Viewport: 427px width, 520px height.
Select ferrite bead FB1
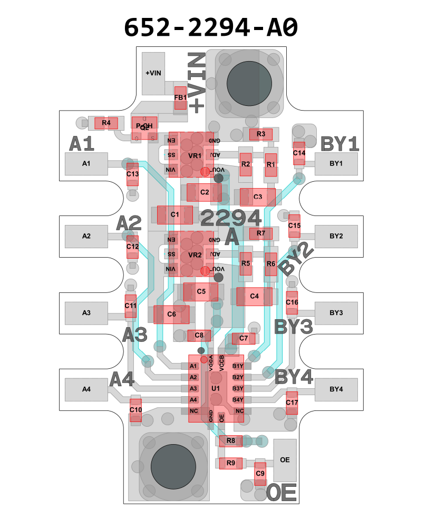(x=180, y=98)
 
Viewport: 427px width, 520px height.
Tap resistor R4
(x=106, y=123)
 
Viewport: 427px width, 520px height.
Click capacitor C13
(x=132, y=174)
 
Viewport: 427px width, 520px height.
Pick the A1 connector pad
(x=86, y=164)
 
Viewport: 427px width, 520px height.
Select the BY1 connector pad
(x=336, y=163)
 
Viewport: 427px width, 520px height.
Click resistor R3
(x=261, y=134)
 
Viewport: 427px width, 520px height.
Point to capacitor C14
(x=299, y=153)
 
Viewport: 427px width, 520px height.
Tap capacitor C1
(x=175, y=214)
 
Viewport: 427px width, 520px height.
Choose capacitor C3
(x=258, y=197)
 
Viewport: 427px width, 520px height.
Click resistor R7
(x=261, y=233)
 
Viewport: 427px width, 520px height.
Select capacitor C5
(x=201, y=291)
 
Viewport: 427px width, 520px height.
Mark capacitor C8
(x=199, y=335)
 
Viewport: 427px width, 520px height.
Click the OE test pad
(x=285, y=459)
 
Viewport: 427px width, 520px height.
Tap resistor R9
(x=230, y=463)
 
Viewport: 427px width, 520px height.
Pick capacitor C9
(x=260, y=474)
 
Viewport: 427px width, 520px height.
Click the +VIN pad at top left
(x=153, y=73)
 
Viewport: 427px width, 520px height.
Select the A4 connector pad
(x=86, y=389)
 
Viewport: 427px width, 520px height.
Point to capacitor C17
(x=292, y=403)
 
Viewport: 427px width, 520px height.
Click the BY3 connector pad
(x=336, y=312)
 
